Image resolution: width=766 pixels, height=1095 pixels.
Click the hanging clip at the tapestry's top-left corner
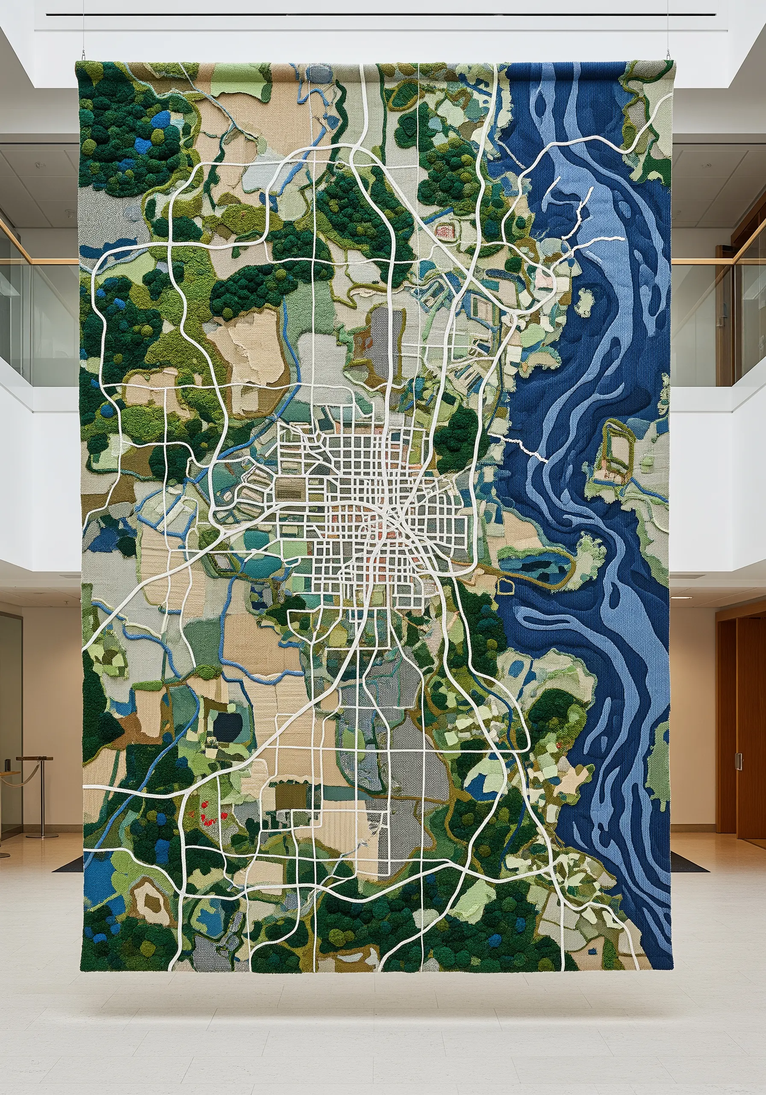pos(83,53)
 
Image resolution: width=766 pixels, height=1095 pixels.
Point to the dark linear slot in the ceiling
pos(381,15)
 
